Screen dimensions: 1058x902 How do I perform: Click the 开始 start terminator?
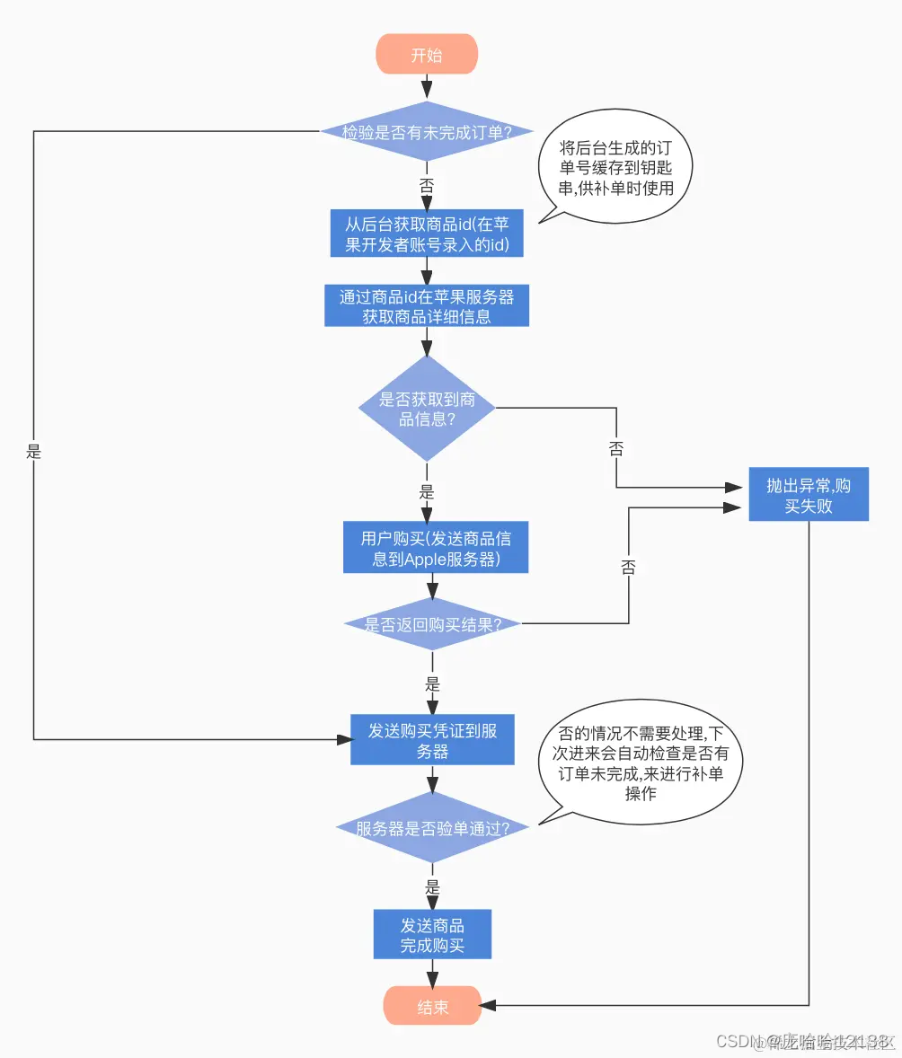pos(427,55)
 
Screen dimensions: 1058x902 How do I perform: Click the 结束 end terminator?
pos(432,1007)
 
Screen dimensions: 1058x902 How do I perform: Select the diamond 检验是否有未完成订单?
pos(427,132)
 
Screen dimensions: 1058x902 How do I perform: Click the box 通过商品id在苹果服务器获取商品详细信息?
pos(427,306)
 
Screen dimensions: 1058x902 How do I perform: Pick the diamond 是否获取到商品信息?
pos(427,410)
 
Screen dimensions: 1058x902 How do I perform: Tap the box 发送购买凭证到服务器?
pos(432,740)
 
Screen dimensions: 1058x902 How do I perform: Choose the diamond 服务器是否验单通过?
pos(432,828)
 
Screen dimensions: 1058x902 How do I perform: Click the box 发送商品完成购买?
pos(432,935)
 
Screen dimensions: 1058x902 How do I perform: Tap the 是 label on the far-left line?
pos(34,453)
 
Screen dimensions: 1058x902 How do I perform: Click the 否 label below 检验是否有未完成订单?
pos(427,185)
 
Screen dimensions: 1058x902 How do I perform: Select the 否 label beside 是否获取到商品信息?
pos(615,450)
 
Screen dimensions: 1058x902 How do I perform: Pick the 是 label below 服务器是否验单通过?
pos(432,886)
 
